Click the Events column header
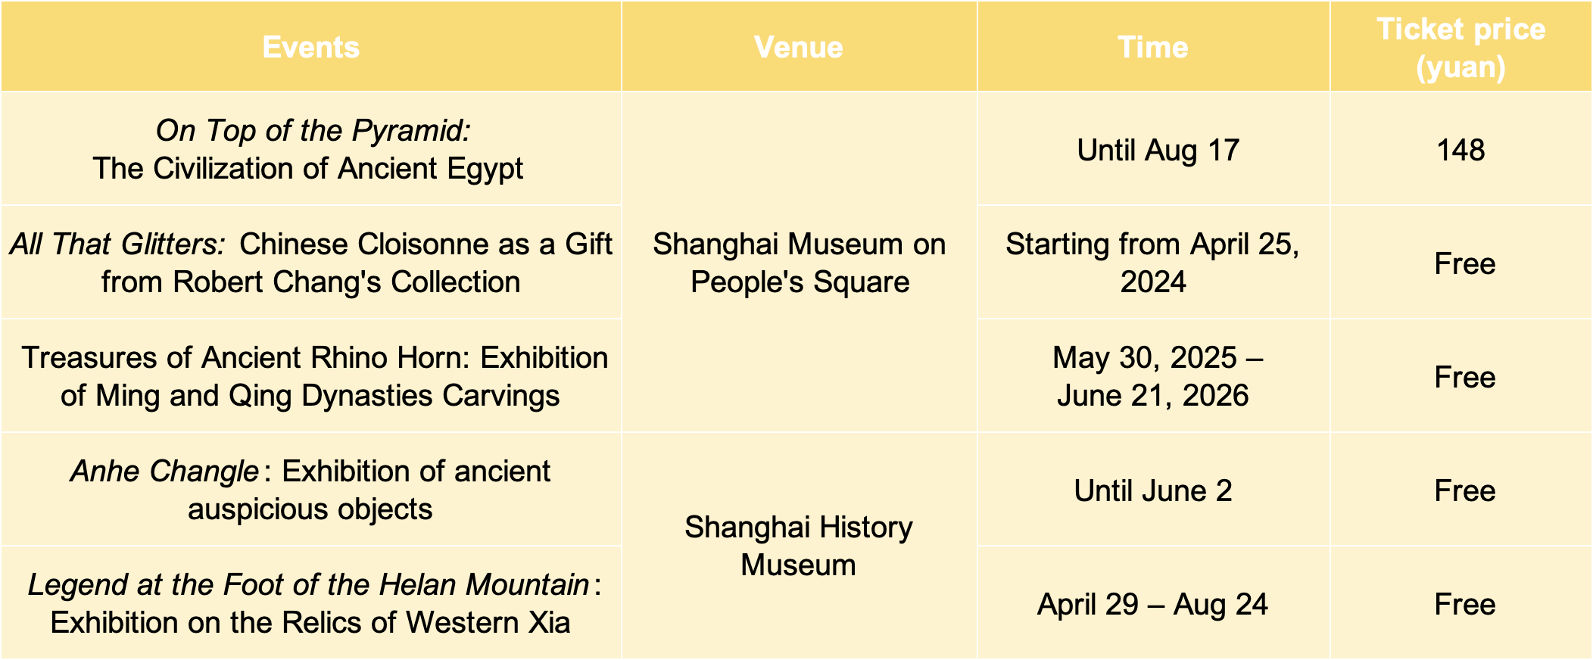click(310, 47)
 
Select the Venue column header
click(799, 47)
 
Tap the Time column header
click(1153, 47)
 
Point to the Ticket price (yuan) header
click(1461, 48)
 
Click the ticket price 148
click(1461, 150)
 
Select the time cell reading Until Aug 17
click(1158, 150)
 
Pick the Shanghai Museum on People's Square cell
click(800, 263)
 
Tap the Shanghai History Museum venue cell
click(799, 546)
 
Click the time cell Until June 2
click(1153, 490)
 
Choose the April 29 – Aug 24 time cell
click(1152, 604)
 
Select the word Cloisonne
click(418, 244)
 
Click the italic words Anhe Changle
click(164, 471)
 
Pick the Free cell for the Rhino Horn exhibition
click(1464, 377)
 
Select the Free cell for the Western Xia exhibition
click(1464, 604)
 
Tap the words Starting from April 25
click(1152, 244)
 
